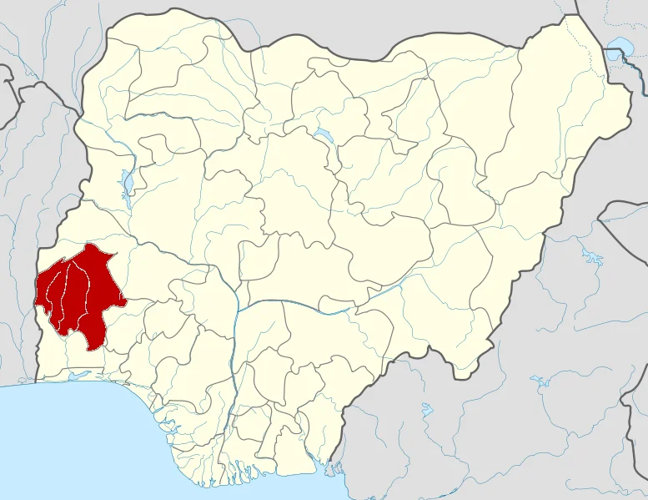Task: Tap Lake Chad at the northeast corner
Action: point(620,46)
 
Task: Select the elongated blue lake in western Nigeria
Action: point(127,181)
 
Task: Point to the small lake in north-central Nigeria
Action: point(321,135)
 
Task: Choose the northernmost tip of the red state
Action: point(88,245)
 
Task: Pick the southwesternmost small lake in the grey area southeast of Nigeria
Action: point(427,410)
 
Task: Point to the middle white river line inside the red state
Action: point(68,292)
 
